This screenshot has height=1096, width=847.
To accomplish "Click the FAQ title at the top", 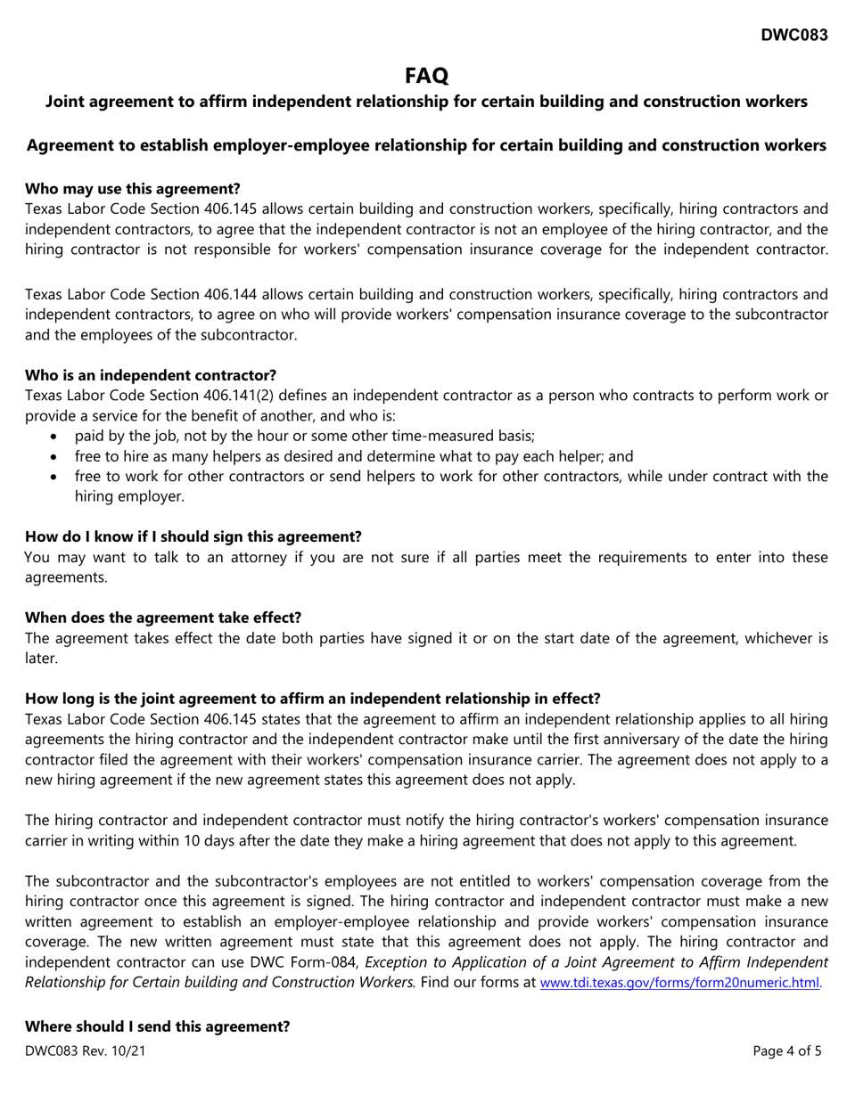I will click(x=425, y=76).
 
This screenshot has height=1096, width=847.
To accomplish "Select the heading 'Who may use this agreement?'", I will click(x=132, y=189).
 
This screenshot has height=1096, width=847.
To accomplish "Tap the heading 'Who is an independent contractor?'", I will click(x=151, y=375).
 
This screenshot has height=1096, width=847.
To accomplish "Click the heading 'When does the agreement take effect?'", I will click(x=163, y=617).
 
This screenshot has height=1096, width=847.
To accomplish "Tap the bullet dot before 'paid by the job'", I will click(x=57, y=436).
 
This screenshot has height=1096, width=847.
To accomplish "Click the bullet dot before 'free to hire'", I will click(x=57, y=456).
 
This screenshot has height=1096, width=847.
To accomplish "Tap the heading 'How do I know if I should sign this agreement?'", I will click(x=193, y=536).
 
